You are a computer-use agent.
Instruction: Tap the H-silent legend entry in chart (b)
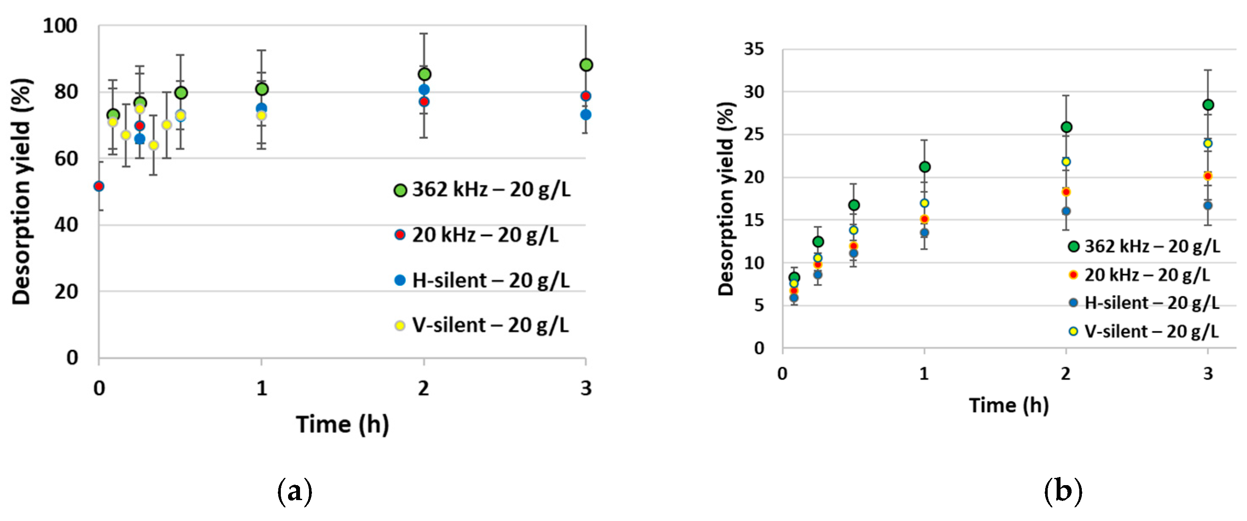1145,303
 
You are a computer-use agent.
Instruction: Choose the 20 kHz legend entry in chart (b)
1140,275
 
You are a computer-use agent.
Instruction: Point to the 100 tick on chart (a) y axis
60,26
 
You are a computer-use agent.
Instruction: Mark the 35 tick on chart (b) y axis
754,49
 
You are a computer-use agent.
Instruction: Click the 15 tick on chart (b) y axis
754,220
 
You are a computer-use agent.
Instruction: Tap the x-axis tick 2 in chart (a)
424,388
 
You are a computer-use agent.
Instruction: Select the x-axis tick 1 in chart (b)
924,374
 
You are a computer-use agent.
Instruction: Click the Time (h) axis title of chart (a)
342,424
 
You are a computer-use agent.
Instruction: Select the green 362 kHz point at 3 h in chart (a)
586,65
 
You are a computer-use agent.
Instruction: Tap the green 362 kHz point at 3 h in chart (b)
1208,105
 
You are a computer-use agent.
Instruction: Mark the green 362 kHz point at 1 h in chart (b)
924,167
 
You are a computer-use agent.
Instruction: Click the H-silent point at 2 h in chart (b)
1066,211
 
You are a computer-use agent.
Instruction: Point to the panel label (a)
294,492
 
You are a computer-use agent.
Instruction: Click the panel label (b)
1063,492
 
